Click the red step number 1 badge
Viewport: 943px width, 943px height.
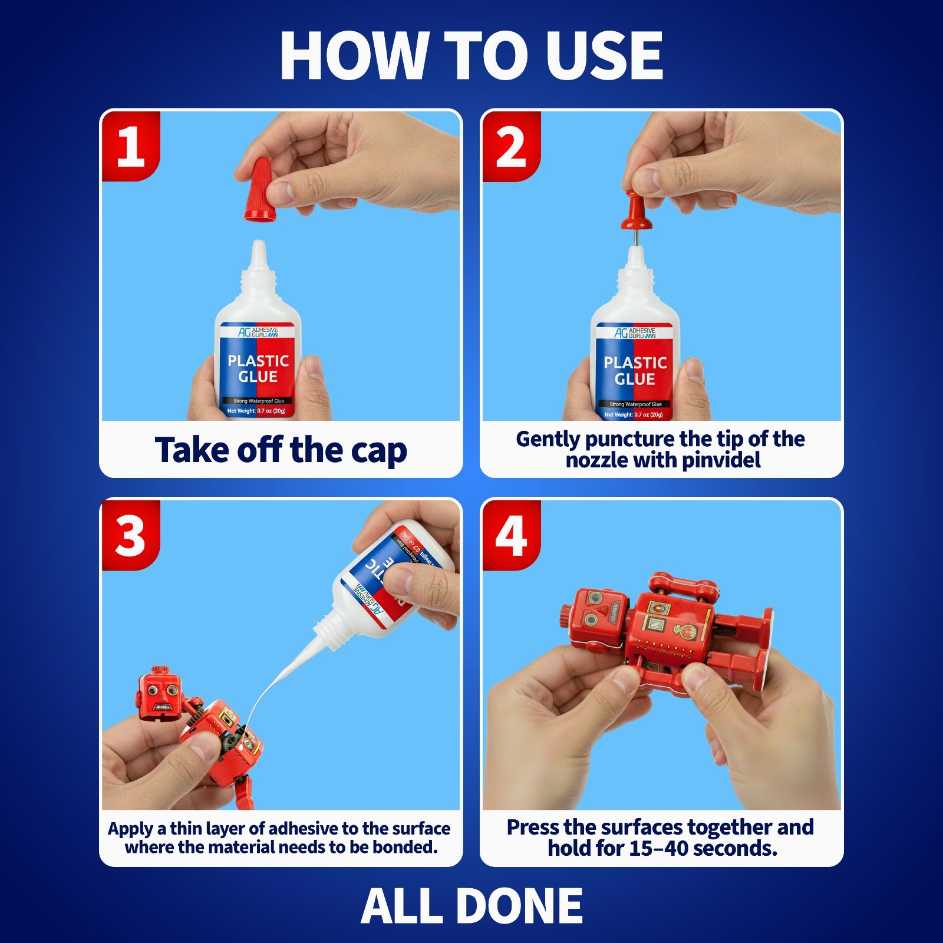click(x=131, y=146)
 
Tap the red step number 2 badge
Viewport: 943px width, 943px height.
click(x=511, y=146)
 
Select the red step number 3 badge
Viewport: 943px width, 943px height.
click(x=131, y=535)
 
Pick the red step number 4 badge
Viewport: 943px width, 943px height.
click(x=511, y=535)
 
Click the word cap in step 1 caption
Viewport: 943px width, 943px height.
click(x=378, y=451)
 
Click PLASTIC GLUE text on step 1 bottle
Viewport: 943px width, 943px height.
click(x=258, y=368)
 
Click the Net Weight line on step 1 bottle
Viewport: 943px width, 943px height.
click(x=257, y=411)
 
